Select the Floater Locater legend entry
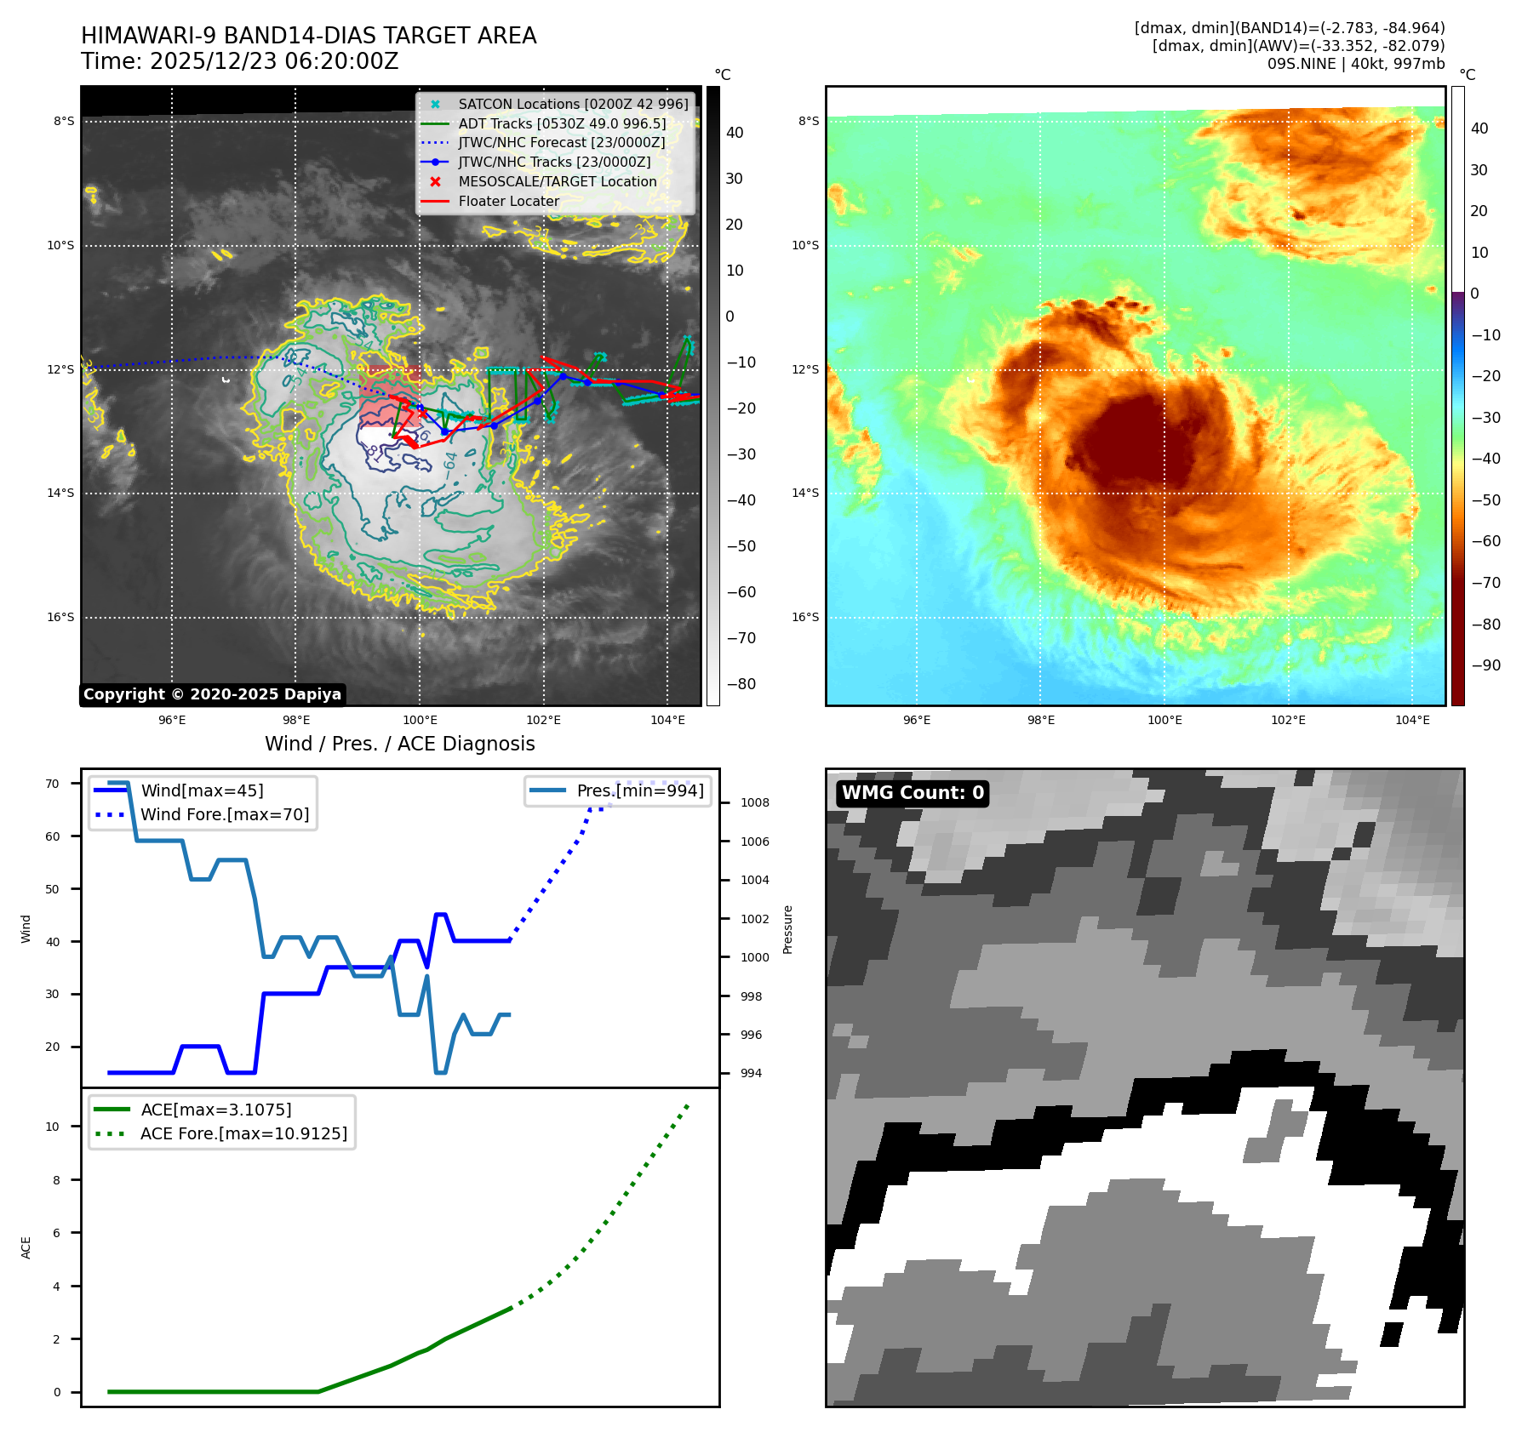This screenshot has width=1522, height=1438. tap(508, 201)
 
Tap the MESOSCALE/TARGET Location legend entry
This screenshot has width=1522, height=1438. tap(557, 181)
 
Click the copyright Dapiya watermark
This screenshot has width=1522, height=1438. tap(212, 694)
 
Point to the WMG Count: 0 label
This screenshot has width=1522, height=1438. tap(913, 793)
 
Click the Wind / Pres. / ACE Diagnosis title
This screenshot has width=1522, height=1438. tap(399, 744)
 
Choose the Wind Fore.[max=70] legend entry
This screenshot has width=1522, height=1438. tap(225, 814)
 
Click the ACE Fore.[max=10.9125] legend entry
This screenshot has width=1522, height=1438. tap(243, 1133)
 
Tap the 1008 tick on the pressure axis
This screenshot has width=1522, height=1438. tap(754, 802)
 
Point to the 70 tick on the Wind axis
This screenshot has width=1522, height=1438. tap(52, 784)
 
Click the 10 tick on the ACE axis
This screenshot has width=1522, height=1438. tap(52, 1127)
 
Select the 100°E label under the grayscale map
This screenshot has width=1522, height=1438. tap(420, 720)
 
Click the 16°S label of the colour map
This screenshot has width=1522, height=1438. tap(804, 617)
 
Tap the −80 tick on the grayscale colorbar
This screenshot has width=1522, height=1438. tap(740, 684)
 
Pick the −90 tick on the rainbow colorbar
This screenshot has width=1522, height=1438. tap(1486, 665)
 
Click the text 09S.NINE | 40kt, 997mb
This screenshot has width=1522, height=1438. tap(1355, 64)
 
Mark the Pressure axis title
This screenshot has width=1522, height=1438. tap(787, 929)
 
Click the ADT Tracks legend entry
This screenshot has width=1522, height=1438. tap(562, 123)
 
